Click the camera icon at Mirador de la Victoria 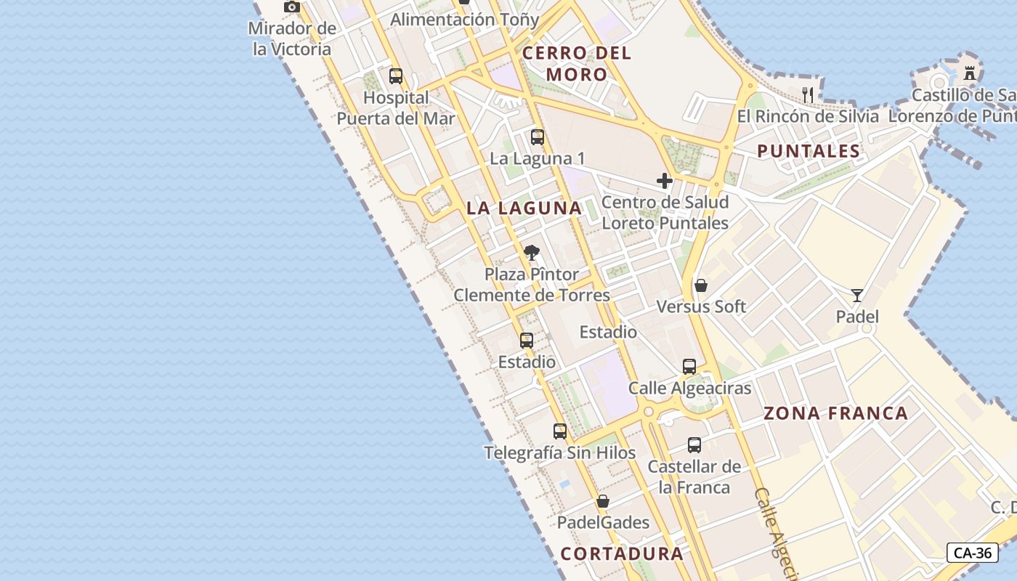pos(292,7)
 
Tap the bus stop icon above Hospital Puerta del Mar pos(396,76)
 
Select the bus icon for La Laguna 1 pos(538,137)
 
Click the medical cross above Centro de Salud pos(665,180)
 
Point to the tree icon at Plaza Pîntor pos(532,253)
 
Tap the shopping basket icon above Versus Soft pos(701,285)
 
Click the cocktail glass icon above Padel pos(857,295)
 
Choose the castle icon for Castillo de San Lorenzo pos(969,73)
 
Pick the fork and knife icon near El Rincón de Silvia pos(808,94)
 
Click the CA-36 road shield pos(972,553)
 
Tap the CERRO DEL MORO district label pos(577,63)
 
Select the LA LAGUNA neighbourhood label pos(524,208)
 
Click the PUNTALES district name pos(809,151)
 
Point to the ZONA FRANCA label pos(835,413)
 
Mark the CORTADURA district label pos(622,553)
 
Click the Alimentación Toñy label pos(465,20)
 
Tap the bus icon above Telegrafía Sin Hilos pos(560,431)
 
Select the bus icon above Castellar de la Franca pos(694,444)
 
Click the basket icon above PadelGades pos(603,501)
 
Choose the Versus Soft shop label pos(701,306)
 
